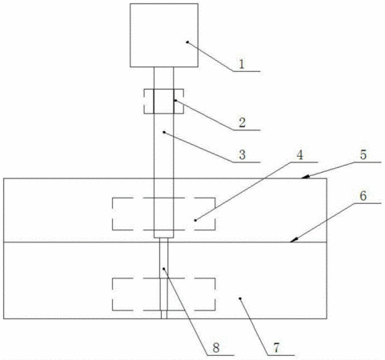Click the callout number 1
(x=242, y=64)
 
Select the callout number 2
(x=242, y=123)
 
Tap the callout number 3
(x=243, y=155)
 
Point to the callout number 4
(x=300, y=155)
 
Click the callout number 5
(x=363, y=155)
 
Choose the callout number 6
(x=363, y=196)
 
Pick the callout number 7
(x=276, y=348)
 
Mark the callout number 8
(x=216, y=348)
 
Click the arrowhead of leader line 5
(x=305, y=177)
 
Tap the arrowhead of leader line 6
(x=294, y=240)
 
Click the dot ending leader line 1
(x=187, y=42)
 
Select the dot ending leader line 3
(x=164, y=132)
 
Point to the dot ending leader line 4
(x=195, y=220)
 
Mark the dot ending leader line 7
(x=240, y=298)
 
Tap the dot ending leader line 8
(x=164, y=269)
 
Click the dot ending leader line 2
(x=175, y=100)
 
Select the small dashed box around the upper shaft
(x=144, y=102)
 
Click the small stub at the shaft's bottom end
(x=164, y=314)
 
